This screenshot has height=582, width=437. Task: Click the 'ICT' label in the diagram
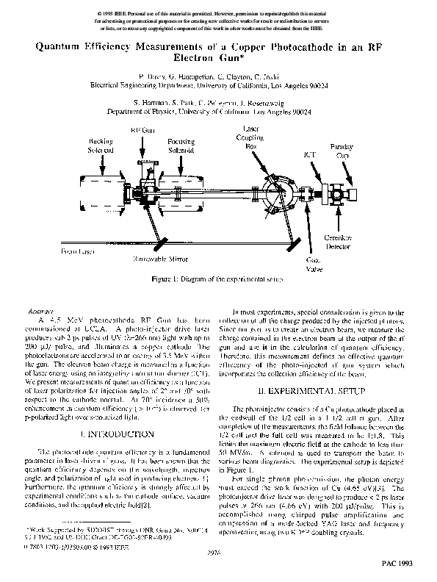310,155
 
